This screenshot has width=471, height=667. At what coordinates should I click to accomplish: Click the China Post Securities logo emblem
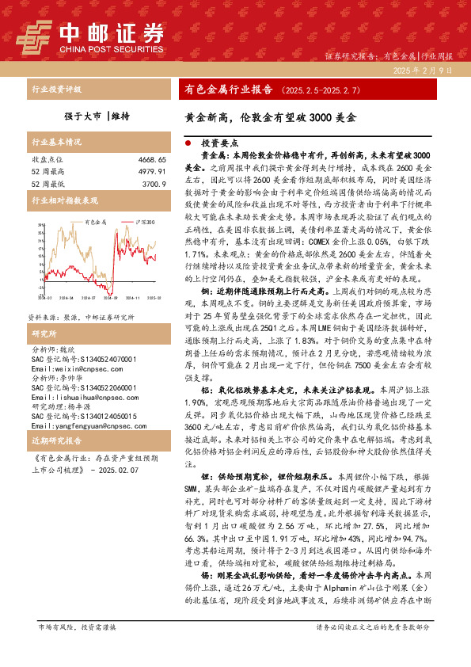[x=32, y=35]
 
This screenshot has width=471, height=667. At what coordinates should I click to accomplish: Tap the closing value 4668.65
[x=150, y=159]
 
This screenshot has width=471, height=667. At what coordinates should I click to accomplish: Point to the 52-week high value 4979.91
[x=150, y=171]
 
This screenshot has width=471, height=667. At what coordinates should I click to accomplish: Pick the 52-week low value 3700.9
[x=154, y=183]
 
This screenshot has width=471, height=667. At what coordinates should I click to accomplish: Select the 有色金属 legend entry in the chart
[x=90, y=223]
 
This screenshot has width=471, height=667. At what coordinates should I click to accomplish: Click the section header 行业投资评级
[x=56, y=90]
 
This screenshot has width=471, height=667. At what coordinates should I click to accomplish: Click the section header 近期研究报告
[x=56, y=439]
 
